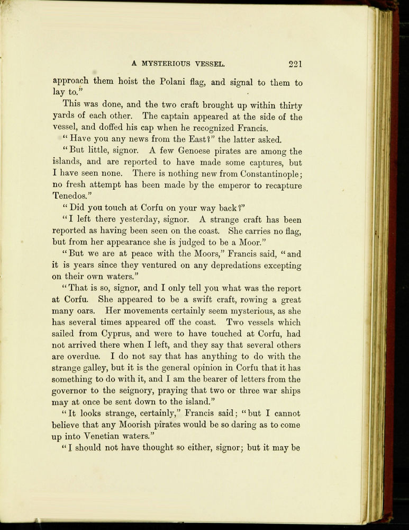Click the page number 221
(295, 65)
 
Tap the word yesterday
(146, 220)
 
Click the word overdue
(86, 357)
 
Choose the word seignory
(143, 392)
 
